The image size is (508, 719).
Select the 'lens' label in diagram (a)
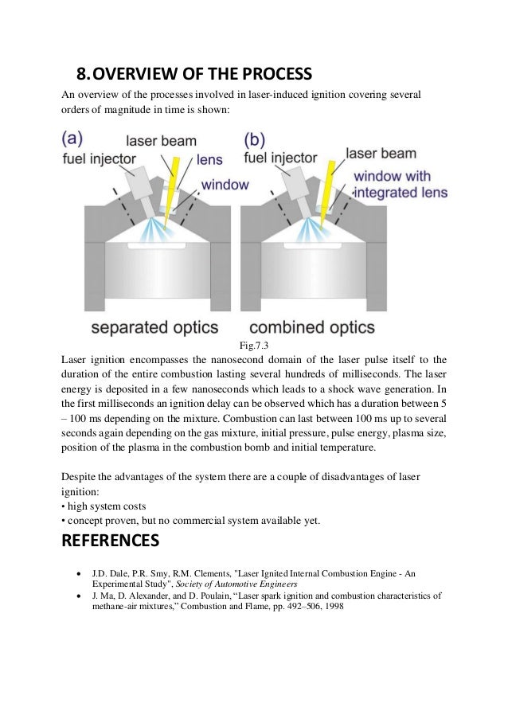(x=209, y=159)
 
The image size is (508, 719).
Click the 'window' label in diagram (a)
(x=224, y=185)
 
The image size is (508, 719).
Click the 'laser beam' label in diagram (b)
(x=381, y=152)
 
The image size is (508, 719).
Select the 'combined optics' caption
(x=326, y=326)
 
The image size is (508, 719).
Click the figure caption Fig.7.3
(x=255, y=346)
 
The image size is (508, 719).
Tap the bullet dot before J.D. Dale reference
(x=76, y=573)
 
